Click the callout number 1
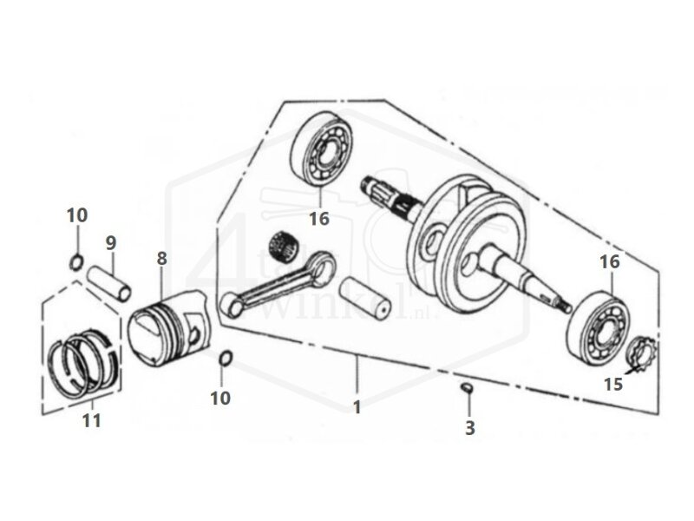[357, 406]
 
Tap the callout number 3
[469, 428]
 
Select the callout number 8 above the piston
[160, 258]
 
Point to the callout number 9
[111, 241]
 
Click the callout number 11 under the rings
[91, 420]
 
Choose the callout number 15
[613, 383]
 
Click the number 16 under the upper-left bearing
[319, 219]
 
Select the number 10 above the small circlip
[78, 214]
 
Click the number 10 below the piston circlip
[221, 398]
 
